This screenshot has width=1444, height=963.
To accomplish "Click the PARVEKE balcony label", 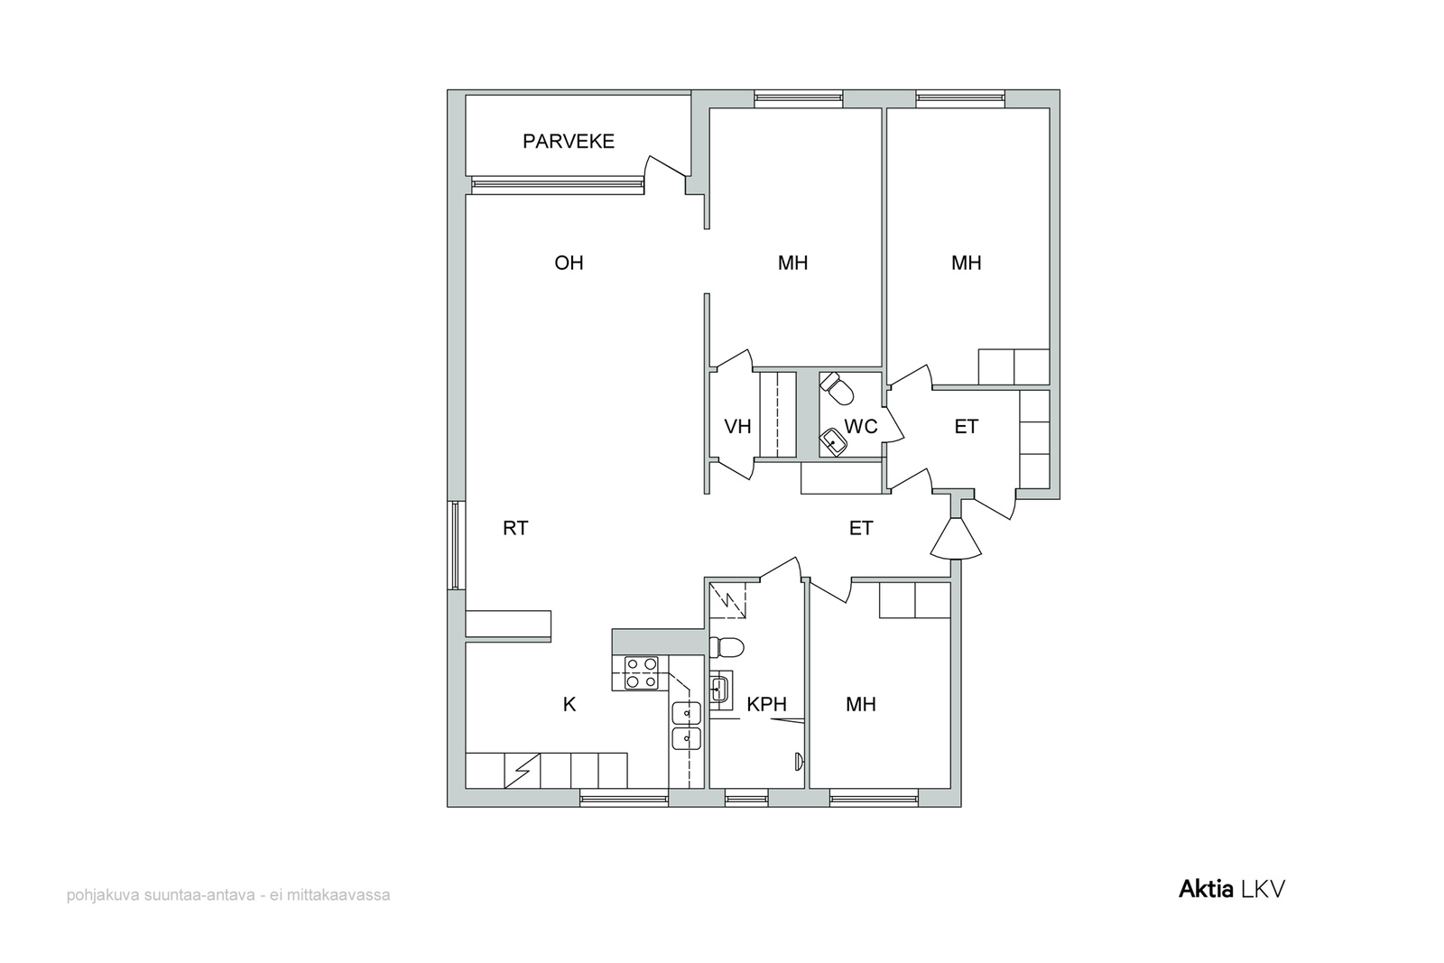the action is (x=568, y=141).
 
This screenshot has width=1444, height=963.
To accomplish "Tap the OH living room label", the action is (x=569, y=263).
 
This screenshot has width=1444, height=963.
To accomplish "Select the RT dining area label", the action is (x=515, y=529).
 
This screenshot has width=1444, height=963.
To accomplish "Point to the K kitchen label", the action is (x=569, y=705).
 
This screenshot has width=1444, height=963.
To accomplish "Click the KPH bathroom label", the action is (x=766, y=705).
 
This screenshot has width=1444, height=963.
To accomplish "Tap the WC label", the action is (x=861, y=427).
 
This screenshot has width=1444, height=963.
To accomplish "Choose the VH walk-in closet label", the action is (x=737, y=427).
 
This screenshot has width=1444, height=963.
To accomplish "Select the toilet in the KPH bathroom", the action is (x=727, y=647).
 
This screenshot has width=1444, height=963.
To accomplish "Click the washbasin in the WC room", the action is (x=833, y=443).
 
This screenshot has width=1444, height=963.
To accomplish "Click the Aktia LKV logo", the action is (x=1232, y=890).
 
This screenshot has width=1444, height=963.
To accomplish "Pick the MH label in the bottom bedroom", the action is (x=861, y=705).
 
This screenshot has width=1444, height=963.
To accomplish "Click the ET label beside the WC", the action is (x=967, y=427).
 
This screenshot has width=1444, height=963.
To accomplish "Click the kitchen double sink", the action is (x=687, y=726).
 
